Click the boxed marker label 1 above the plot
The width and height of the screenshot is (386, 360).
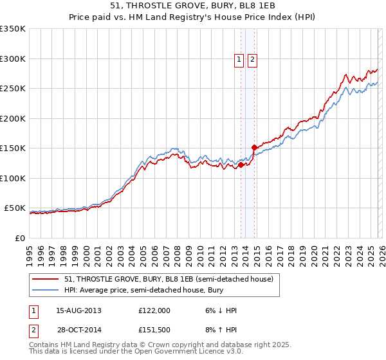tap(239, 60)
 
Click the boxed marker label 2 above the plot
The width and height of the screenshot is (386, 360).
tap(252, 60)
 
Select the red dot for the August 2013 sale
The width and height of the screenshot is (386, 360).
tap(241, 165)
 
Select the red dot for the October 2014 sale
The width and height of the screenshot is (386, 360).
tap(255, 147)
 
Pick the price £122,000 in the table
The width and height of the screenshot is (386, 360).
tap(154, 310)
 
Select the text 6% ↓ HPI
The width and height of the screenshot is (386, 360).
tap(220, 310)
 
